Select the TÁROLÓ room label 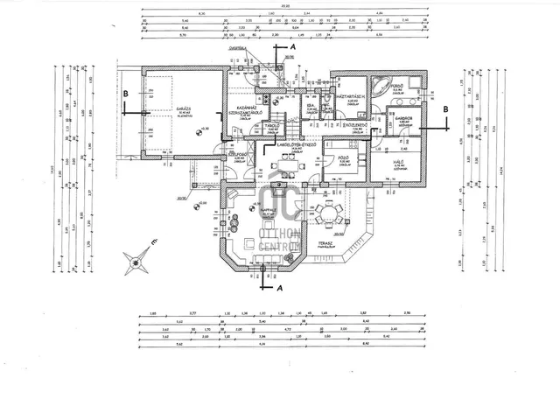click(x=271, y=127)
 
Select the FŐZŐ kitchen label click(x=344, y=158)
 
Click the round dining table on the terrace click(x=331, y=213)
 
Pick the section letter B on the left click(x=126, y=94)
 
